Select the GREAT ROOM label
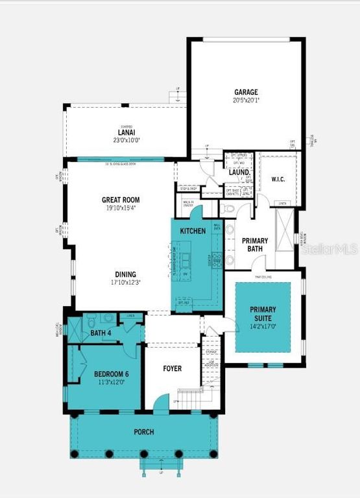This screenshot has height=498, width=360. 121,200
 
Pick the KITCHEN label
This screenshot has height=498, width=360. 193,231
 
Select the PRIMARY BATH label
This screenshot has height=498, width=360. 255,244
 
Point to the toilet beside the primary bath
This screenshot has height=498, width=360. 227,209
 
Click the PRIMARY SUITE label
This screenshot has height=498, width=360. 263,314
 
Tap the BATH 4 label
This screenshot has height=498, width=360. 101,333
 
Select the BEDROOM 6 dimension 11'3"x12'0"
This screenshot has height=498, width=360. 101,382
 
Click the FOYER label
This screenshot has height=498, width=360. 172,368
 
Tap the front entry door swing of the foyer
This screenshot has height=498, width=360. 160,406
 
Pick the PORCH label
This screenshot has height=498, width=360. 144,432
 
